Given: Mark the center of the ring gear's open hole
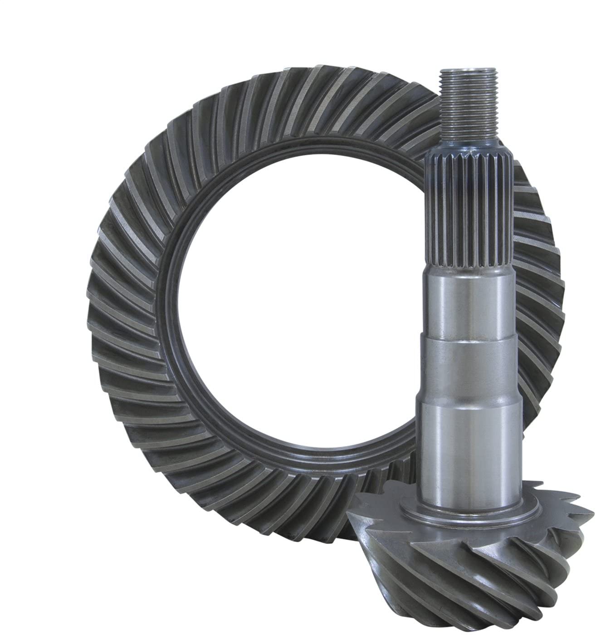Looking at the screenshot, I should click(x=290, y=299).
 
